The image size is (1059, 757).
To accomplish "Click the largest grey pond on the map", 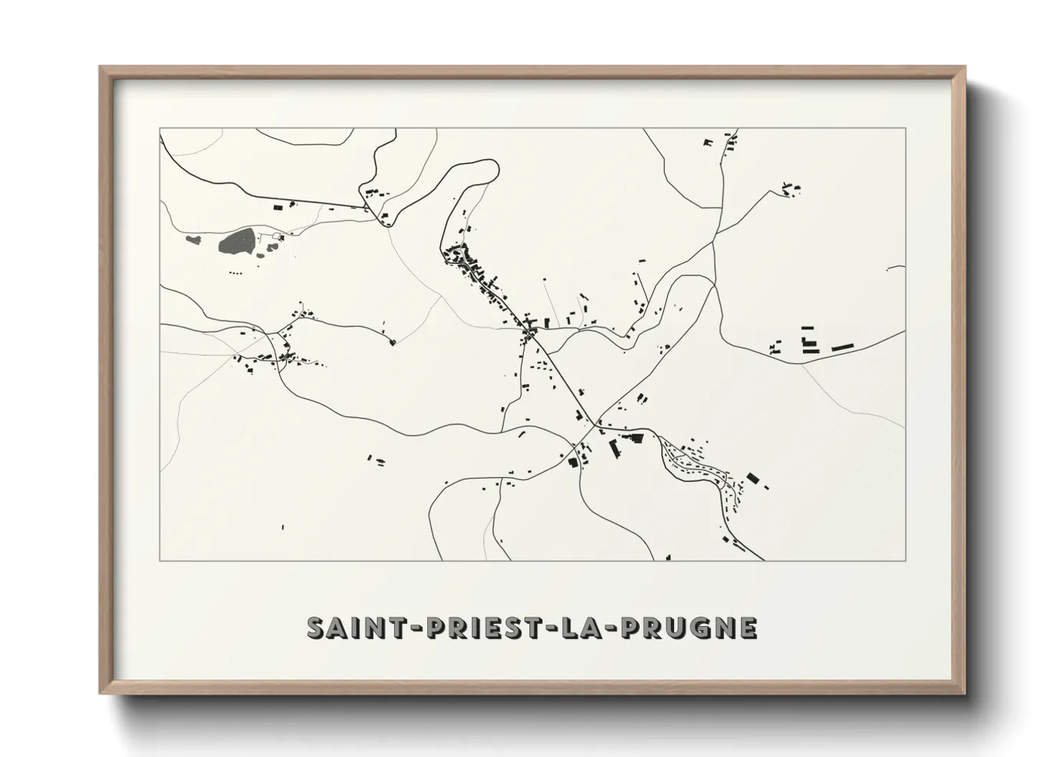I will point(236,240).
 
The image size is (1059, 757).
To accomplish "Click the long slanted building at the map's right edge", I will point(842,348).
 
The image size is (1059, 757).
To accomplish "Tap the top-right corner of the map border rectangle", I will point(905,128).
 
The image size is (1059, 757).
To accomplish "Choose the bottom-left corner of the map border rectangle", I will point(160,560).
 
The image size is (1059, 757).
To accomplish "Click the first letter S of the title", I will point(316,627).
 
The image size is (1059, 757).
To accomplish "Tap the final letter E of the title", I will point(748,627).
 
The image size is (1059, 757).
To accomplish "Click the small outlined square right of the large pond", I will point(276,235).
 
